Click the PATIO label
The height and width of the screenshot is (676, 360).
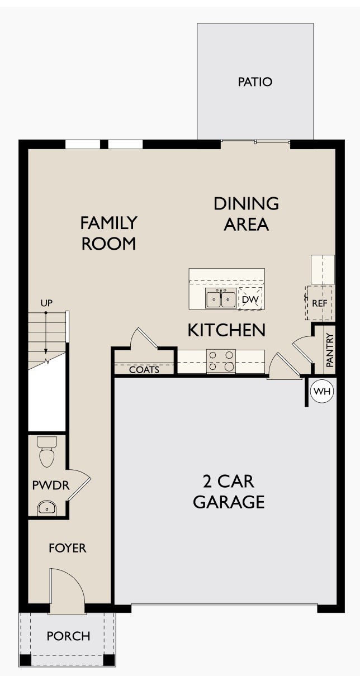pyautogui.click(x=255, y=82)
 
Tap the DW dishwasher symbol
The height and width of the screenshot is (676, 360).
pyautogui.click(x=250, y=300)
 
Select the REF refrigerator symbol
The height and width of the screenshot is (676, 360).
pyautogui.click(x=319, y=303)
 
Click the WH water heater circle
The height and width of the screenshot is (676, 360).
pyautogui.click(x=321, y=392)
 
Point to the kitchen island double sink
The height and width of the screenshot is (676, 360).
pyautogui.click(x=220, y=299)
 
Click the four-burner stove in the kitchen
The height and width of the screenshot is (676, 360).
pyautogui.click(x=221, y=361)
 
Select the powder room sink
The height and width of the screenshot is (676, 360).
pyautogui.click(x=47, y=508)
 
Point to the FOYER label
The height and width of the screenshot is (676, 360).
pyautogui.click(x=67, y=548)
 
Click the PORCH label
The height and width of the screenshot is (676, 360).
pyautogui.click(x=68, y=636)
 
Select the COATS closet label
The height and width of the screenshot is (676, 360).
pyautogui.click(x=144, y=370)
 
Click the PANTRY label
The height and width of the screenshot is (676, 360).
pyautogui.click(x=330, y=350)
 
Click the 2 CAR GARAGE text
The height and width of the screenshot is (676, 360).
pyautogui.click(x=228, y=492)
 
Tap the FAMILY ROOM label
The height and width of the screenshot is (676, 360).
pyautogui.click(x=108, y=233)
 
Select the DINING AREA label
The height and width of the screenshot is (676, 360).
pyautogui.click(x=246, y=213)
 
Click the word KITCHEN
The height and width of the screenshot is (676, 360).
pyautogui.click(x=226, y=330)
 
